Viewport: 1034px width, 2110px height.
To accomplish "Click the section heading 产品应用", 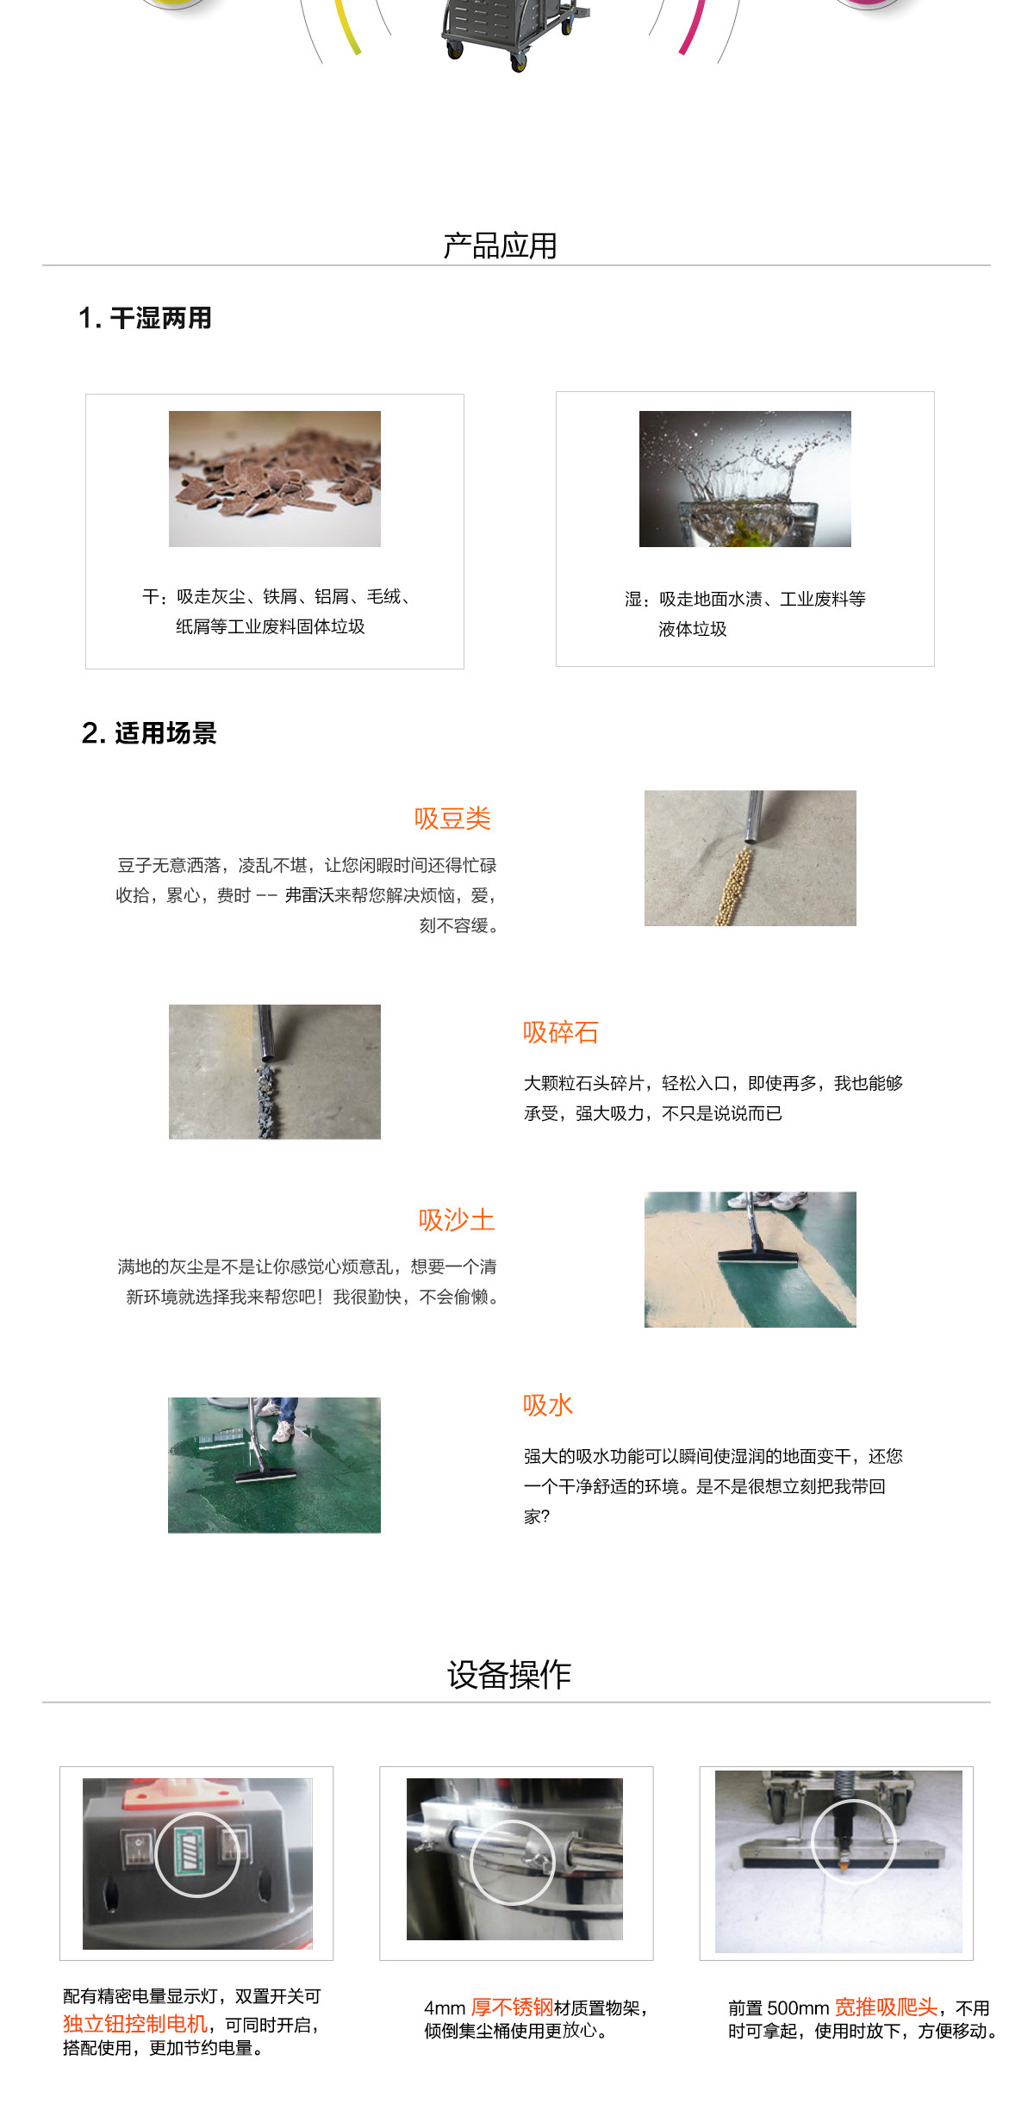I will coord(500,246).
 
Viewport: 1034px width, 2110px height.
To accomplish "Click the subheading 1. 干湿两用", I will coord(146,318).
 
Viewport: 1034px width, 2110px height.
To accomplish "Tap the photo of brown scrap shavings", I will coord(274,479).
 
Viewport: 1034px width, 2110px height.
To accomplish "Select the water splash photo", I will coord(744,479).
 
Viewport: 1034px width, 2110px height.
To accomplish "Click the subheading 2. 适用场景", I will coord(149,733).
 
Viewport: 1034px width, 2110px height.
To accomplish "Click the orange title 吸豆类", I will coord(452,818).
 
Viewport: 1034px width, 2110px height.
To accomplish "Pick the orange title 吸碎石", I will coord(560,1032).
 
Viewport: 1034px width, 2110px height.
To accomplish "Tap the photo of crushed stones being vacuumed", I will coord(274,1072).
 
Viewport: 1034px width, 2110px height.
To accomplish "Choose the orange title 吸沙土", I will coord(457,1220).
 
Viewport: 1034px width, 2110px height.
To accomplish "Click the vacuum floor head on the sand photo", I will coord(757,1260).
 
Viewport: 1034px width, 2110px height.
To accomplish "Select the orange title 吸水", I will coord(547,1405).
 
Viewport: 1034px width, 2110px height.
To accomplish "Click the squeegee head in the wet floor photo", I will coord(266,1475).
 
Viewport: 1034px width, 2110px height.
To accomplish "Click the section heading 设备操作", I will coord(508,1675).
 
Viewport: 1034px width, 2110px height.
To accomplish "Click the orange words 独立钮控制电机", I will coord(135,2024).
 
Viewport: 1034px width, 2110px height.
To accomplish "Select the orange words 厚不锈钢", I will coord(512,2007).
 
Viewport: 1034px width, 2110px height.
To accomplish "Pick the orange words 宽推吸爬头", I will coord(886,2007).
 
